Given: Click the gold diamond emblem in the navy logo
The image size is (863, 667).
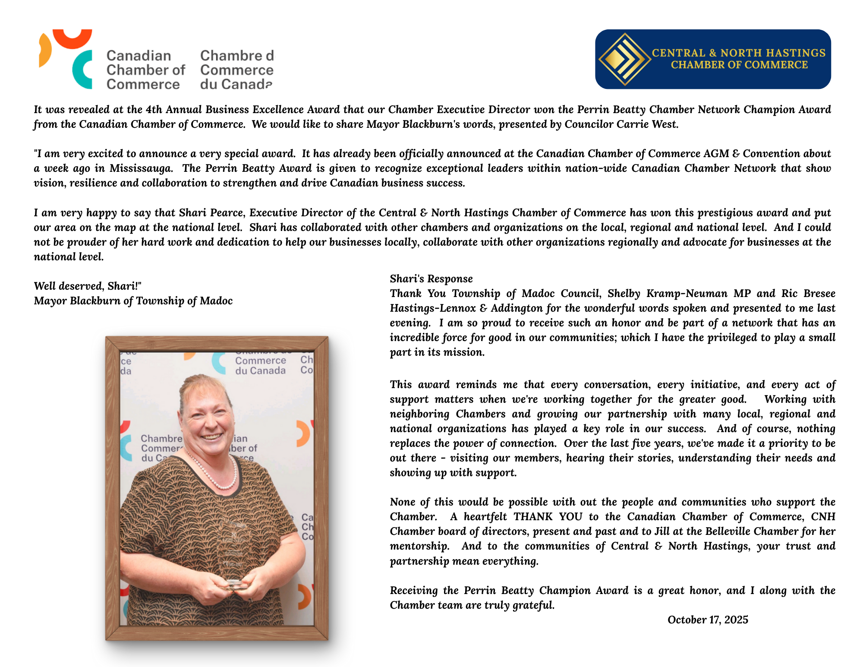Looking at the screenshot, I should point(624,59).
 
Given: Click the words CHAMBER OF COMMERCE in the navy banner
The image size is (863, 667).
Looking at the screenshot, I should point(739,65).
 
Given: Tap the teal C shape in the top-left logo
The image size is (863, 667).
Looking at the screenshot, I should point(82,70).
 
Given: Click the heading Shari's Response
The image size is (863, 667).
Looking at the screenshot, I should point(431,279).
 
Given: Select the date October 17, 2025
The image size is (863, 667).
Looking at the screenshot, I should point(708,620).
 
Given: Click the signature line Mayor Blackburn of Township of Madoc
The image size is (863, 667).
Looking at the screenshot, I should point(133,301).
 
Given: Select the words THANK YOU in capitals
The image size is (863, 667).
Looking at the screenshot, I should point(548,517).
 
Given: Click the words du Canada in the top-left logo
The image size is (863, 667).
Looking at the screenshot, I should point(236,84).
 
